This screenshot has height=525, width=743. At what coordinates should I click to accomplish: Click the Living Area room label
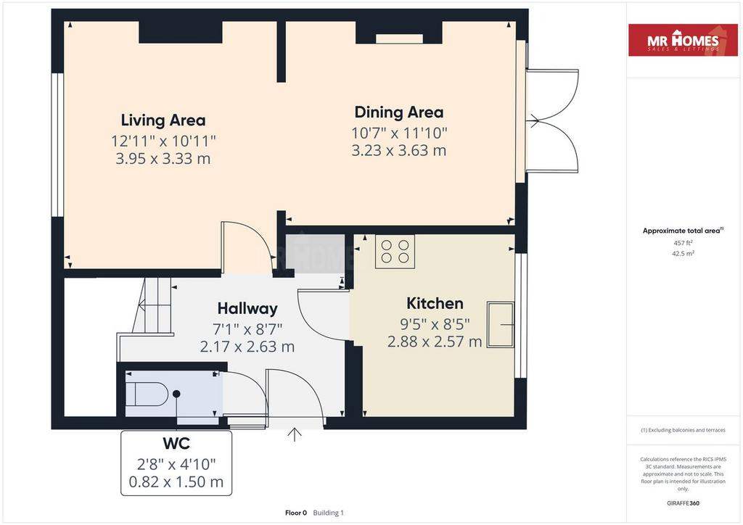click(x=163, y=120)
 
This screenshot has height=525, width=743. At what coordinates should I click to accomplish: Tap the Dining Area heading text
click(x=399, y=112)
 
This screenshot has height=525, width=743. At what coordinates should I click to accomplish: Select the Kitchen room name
click(x=435, y=303)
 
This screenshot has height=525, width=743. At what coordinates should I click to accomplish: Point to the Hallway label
click(x=247, y=309)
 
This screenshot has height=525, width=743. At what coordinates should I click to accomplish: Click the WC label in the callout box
click(x=176, y=444)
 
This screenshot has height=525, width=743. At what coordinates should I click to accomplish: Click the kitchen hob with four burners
click(x=395, y=252)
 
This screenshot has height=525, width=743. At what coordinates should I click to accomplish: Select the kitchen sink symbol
click(x=501, y=325)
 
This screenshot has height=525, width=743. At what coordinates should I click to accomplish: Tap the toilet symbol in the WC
click(x=147, y=394)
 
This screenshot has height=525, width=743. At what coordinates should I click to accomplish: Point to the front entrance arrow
click(x=295, y=434)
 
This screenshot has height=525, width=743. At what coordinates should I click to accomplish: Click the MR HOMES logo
click(x=683, y=40)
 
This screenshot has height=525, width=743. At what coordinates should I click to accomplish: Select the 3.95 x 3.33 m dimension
click(x=163, y=159)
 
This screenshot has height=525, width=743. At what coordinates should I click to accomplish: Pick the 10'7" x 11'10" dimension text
click(x=399, y=133)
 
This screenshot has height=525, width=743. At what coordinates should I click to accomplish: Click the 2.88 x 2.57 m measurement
click(x=435, y=342)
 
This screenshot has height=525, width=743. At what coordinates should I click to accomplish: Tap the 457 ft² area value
click(x=683, y=243)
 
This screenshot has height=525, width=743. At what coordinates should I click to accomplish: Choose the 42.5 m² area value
click(x=683, y=253)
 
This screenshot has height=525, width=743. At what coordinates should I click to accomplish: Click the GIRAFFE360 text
click(x=683, y=503)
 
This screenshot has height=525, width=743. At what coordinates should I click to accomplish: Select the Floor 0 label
click(x=296, y=513)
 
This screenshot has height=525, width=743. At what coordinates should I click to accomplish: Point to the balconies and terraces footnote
click(x=683, y=430)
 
